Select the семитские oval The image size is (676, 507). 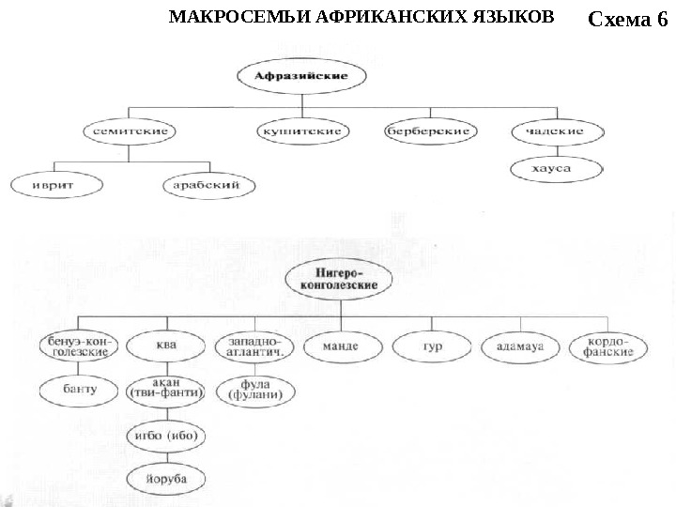tap(131, 131)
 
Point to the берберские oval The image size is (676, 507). tap(427, 131)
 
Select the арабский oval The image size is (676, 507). tap(207, 186)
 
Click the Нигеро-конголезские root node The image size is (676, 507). tap(338, 278)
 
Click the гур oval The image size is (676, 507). tap(432, 346)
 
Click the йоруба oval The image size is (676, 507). tap(165, 479)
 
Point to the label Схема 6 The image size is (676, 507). tap(626, 19)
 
